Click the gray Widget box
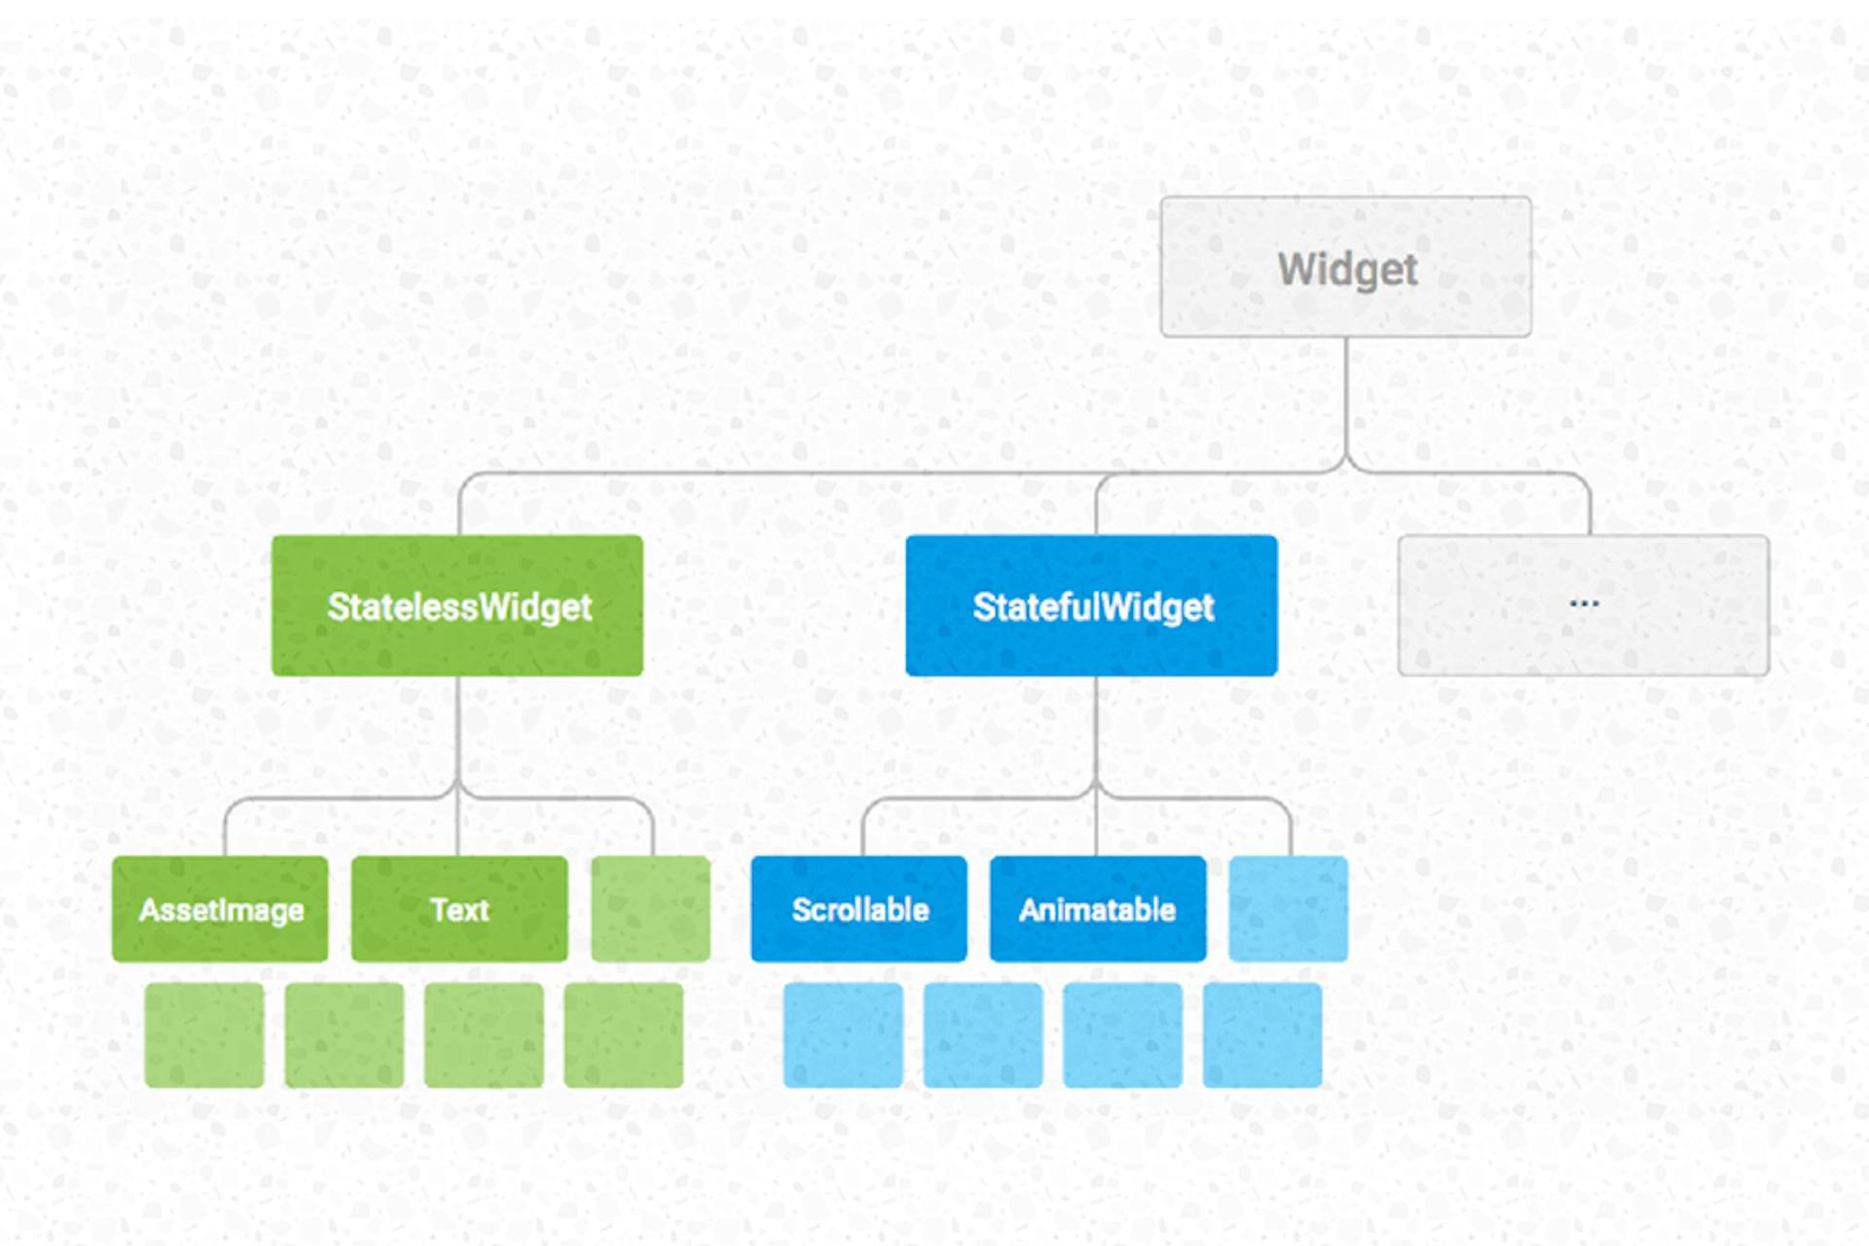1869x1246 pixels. (x=1345, y=267)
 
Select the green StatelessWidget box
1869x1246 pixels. (x=458, y=605)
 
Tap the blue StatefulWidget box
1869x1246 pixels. (x=1091, y=605)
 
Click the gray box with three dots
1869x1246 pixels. (x=1583, y=605)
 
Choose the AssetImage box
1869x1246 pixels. (x=220, y=909)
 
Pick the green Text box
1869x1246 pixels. (x=459, y=909)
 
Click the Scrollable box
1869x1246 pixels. (x=859, y=909)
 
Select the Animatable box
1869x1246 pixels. (x=1098, y=909)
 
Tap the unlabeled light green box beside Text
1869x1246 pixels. (x=650, y=909)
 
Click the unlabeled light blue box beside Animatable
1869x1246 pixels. (x=1289, y=909)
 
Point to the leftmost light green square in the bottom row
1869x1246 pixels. (x=204, y=1035)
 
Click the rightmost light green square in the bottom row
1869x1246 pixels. (x=624, y=1035)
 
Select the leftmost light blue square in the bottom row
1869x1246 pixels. (x=843, y=1035)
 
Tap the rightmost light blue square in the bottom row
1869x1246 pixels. (x=1263, y=1035)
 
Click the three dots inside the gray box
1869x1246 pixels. (x=1584, y=604)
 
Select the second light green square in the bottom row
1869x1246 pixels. (x=345, y=1035)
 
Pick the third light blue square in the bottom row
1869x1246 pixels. (x=1122, y=1035)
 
